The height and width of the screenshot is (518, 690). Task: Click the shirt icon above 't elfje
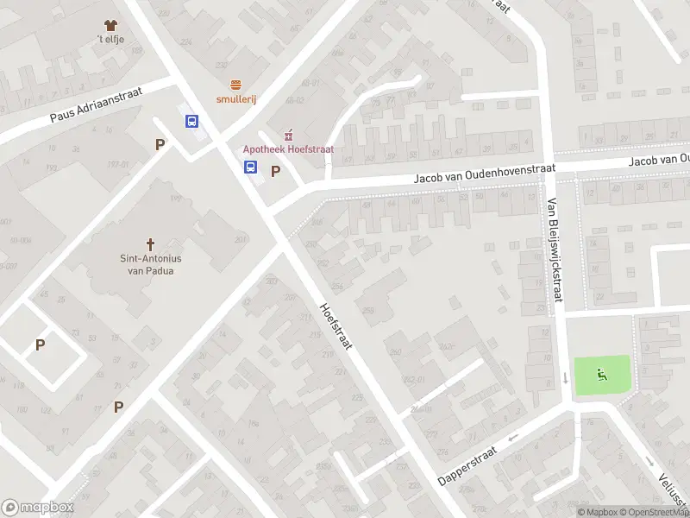pyautogui.click(x=109, y=26)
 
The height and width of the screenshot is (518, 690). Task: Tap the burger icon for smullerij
pyautogui.click(x=235, y=84)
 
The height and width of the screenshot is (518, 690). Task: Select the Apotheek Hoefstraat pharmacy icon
pyautogui.click(x=288, y=135)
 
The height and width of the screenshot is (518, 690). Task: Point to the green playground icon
pyautogui.click(x=601, y=375)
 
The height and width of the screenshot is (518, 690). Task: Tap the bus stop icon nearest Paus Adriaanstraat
pyautogui.click(x=191, y=122)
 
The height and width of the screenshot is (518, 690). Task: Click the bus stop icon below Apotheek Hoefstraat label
pyautogui.click(x=250, y=167)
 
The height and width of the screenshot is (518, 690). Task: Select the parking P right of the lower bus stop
pyautogui.click(x=276, y=171)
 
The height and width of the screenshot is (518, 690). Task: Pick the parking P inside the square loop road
pyautogui.click(x=40, y=344)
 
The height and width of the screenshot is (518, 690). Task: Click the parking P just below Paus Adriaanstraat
pyautogui.click(x=160, y=145)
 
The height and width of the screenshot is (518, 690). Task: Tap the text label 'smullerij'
pyautogui.click(x=235, y=99)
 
